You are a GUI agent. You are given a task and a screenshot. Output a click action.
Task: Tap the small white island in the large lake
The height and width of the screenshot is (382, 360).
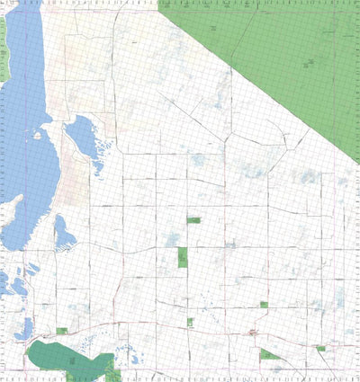coord(37,135)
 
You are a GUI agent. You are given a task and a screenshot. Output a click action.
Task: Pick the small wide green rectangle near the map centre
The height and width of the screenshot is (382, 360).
coord(193,219)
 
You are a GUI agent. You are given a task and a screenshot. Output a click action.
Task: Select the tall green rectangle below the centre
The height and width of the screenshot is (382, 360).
coord(183,258)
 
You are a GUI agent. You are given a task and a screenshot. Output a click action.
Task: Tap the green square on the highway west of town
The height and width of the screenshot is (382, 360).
coord(191,322)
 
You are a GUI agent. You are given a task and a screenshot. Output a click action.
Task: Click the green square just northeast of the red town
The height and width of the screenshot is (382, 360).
coord(264,305)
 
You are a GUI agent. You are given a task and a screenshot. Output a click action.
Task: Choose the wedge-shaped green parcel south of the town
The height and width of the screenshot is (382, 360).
coord(269,355)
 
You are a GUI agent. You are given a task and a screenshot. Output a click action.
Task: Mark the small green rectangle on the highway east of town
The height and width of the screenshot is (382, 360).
coord(320,348)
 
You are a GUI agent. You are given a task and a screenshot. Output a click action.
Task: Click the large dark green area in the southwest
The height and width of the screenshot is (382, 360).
coord(67,357)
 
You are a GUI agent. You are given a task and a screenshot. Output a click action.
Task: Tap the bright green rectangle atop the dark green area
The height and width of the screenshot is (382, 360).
coord(62,331)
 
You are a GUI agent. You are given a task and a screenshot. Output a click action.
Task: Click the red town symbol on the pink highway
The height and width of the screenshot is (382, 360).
coord(252,333)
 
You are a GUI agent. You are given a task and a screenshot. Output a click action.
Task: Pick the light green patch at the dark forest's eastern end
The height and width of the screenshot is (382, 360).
coord(111,365)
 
